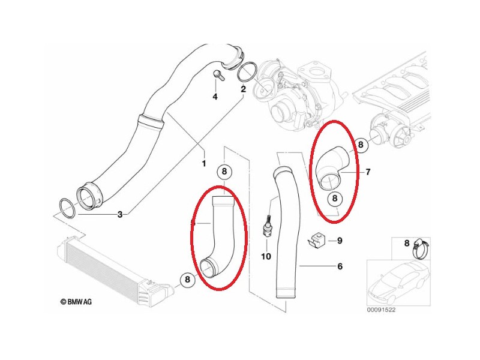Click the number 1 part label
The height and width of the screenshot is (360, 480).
click(203, 163)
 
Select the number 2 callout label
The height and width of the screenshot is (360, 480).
click(243, 89)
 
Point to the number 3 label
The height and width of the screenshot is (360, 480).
click(119, 214)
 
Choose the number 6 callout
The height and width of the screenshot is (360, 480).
click(339, 266)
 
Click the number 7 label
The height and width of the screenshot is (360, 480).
click(368, 172)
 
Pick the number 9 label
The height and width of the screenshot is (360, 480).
click(339, 241)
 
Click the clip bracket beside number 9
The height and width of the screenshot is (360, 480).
click(316, 240)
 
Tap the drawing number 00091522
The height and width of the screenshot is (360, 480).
click(385, 310)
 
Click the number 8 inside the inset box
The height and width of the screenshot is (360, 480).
click(407, 243)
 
